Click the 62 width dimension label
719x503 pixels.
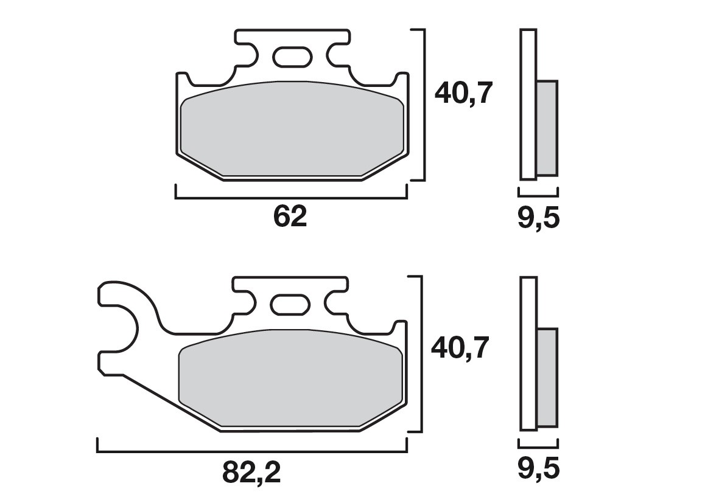click(x=290, y=217)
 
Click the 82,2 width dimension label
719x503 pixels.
click(x=252, y=471)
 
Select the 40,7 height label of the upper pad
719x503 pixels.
click(x=462, y=94)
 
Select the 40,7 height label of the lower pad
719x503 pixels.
click(x=460, y=349)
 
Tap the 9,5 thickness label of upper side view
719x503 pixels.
click(x=538, y=218)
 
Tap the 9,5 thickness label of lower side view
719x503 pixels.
click(x=538, y=469)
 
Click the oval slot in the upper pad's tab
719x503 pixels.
click(x=290, y=57)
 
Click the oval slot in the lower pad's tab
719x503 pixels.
click(x=290, y=304)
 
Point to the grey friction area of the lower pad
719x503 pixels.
click(x=290, y=377)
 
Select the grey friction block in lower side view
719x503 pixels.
click(x=547, y=377)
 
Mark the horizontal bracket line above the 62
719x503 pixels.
click(x=290, y=198)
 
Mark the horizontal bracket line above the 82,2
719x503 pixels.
click(x=252, y=451)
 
